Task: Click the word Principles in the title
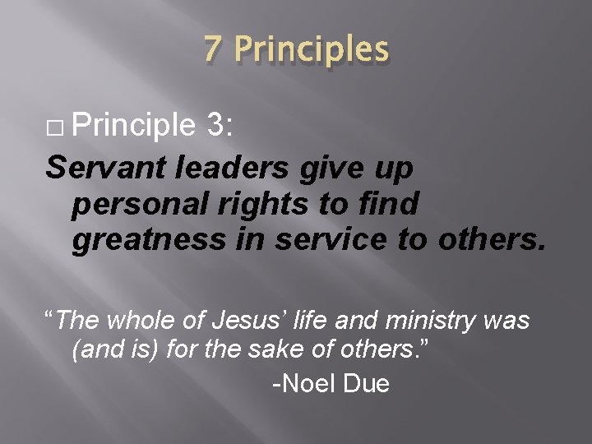(x=312, y=49)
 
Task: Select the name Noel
(x=307, y=384)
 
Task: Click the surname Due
(x=365, y=384)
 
